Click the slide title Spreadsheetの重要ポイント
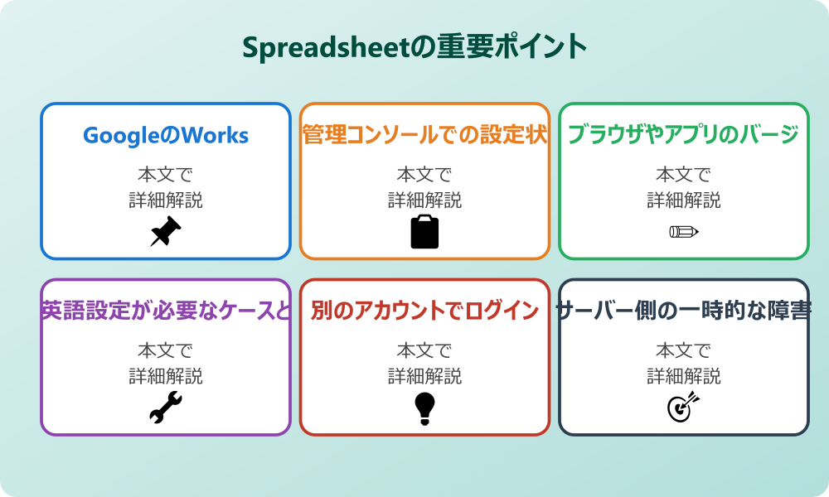click(414, 46)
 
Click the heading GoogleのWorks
click(166, 135)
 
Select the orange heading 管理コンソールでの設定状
click(424, 135)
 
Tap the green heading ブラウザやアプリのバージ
click(683, 135)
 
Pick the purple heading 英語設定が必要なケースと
click(166, 311)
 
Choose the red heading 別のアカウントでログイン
click(424, 311)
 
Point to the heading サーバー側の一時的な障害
click(683, 311)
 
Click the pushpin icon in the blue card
click(166, 231)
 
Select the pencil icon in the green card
click(683, 231)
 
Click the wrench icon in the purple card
click(166, 408)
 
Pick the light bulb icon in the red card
click(424, 408)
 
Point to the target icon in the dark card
click(683, 408)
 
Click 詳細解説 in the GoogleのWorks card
click(166, 200)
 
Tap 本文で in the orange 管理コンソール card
click(424, 175)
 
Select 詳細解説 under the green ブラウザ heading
click(683, 200)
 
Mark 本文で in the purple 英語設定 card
click(166, 351)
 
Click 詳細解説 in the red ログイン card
click(424, 376)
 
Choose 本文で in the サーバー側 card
click(683, 351)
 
